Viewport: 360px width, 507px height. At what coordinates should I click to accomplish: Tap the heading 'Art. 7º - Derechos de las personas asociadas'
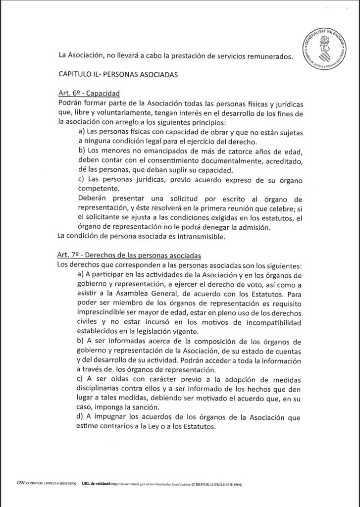point(129,256)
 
